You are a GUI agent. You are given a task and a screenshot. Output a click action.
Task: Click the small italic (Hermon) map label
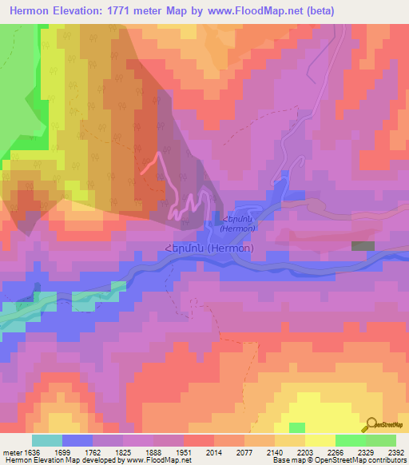[x=239, y=228]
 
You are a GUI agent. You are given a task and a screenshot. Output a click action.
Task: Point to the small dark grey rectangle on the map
[x=363, y=246]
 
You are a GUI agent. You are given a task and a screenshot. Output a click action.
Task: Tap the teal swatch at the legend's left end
[x=47, y=440]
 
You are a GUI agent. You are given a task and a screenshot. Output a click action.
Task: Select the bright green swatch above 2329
[x=350, y=440]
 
